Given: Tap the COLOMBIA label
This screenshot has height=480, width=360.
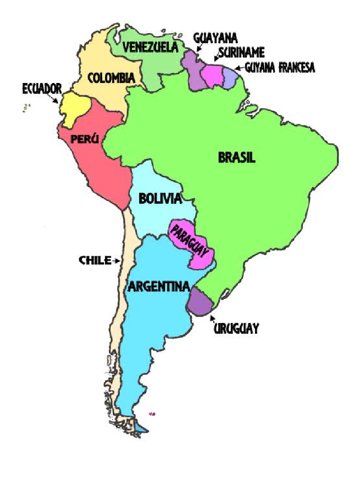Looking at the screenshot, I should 112,78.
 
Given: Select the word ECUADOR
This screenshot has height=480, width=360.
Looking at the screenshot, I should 41,89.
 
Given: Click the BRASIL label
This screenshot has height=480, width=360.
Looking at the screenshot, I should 237,157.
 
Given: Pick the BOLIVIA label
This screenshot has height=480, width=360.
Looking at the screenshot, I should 160,199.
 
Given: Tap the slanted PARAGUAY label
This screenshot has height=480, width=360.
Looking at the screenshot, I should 189,240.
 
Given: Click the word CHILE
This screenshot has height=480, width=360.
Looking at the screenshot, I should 94,261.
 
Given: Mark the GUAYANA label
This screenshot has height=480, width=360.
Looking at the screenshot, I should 215,38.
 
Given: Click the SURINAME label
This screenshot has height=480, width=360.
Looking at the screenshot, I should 241,52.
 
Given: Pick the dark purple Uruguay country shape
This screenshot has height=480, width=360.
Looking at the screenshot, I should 201,303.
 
